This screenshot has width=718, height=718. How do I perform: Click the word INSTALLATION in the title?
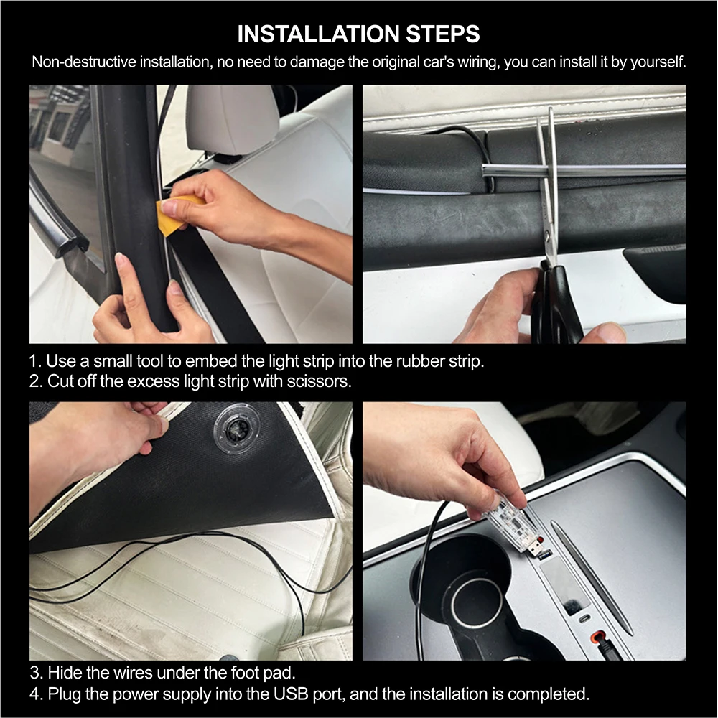pos(318,34)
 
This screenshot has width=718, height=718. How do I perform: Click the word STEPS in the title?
pos(443,34)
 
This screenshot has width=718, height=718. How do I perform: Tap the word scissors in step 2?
pos(320,381)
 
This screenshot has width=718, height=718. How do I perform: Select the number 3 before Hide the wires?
pos(34,673)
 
